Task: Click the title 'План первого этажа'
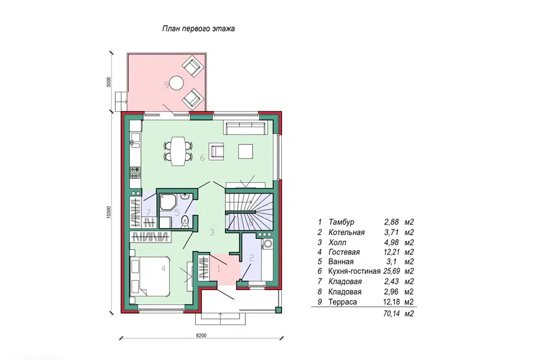point(199,29)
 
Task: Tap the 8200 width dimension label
point(201,335)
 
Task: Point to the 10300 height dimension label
point(109,212)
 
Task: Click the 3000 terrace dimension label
point(109,82)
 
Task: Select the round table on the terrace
point(177,82)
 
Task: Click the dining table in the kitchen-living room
point(178,151)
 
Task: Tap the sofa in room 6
point(246,127)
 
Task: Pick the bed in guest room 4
point(150,276)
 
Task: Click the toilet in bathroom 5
point(185,220)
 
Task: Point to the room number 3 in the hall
point(212,232)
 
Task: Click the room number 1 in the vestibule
point(218,269)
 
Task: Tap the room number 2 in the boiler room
point(251,257)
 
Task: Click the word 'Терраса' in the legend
point(343,302)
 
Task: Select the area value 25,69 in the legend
point(391,271)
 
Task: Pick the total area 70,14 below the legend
point(391,313)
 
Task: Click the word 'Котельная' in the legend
point(346,232)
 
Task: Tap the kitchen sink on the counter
point(134,140)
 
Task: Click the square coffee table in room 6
point(246,151)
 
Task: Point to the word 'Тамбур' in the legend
point(341,222)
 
